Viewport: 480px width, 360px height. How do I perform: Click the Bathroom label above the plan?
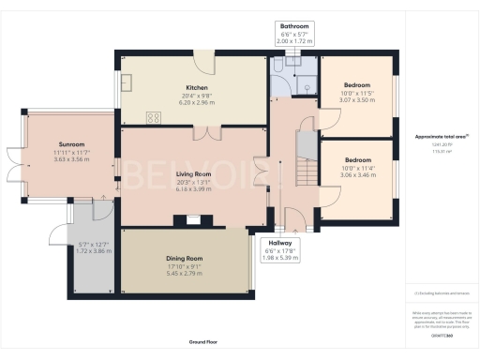tap(294, 26)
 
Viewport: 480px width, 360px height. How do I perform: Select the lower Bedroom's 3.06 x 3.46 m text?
tap(357, 175)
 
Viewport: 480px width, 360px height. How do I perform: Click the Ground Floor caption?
tap(204, 341)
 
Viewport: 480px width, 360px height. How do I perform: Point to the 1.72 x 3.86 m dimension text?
tap(94, 251)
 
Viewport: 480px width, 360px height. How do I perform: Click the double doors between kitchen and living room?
tap(215, 133)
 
